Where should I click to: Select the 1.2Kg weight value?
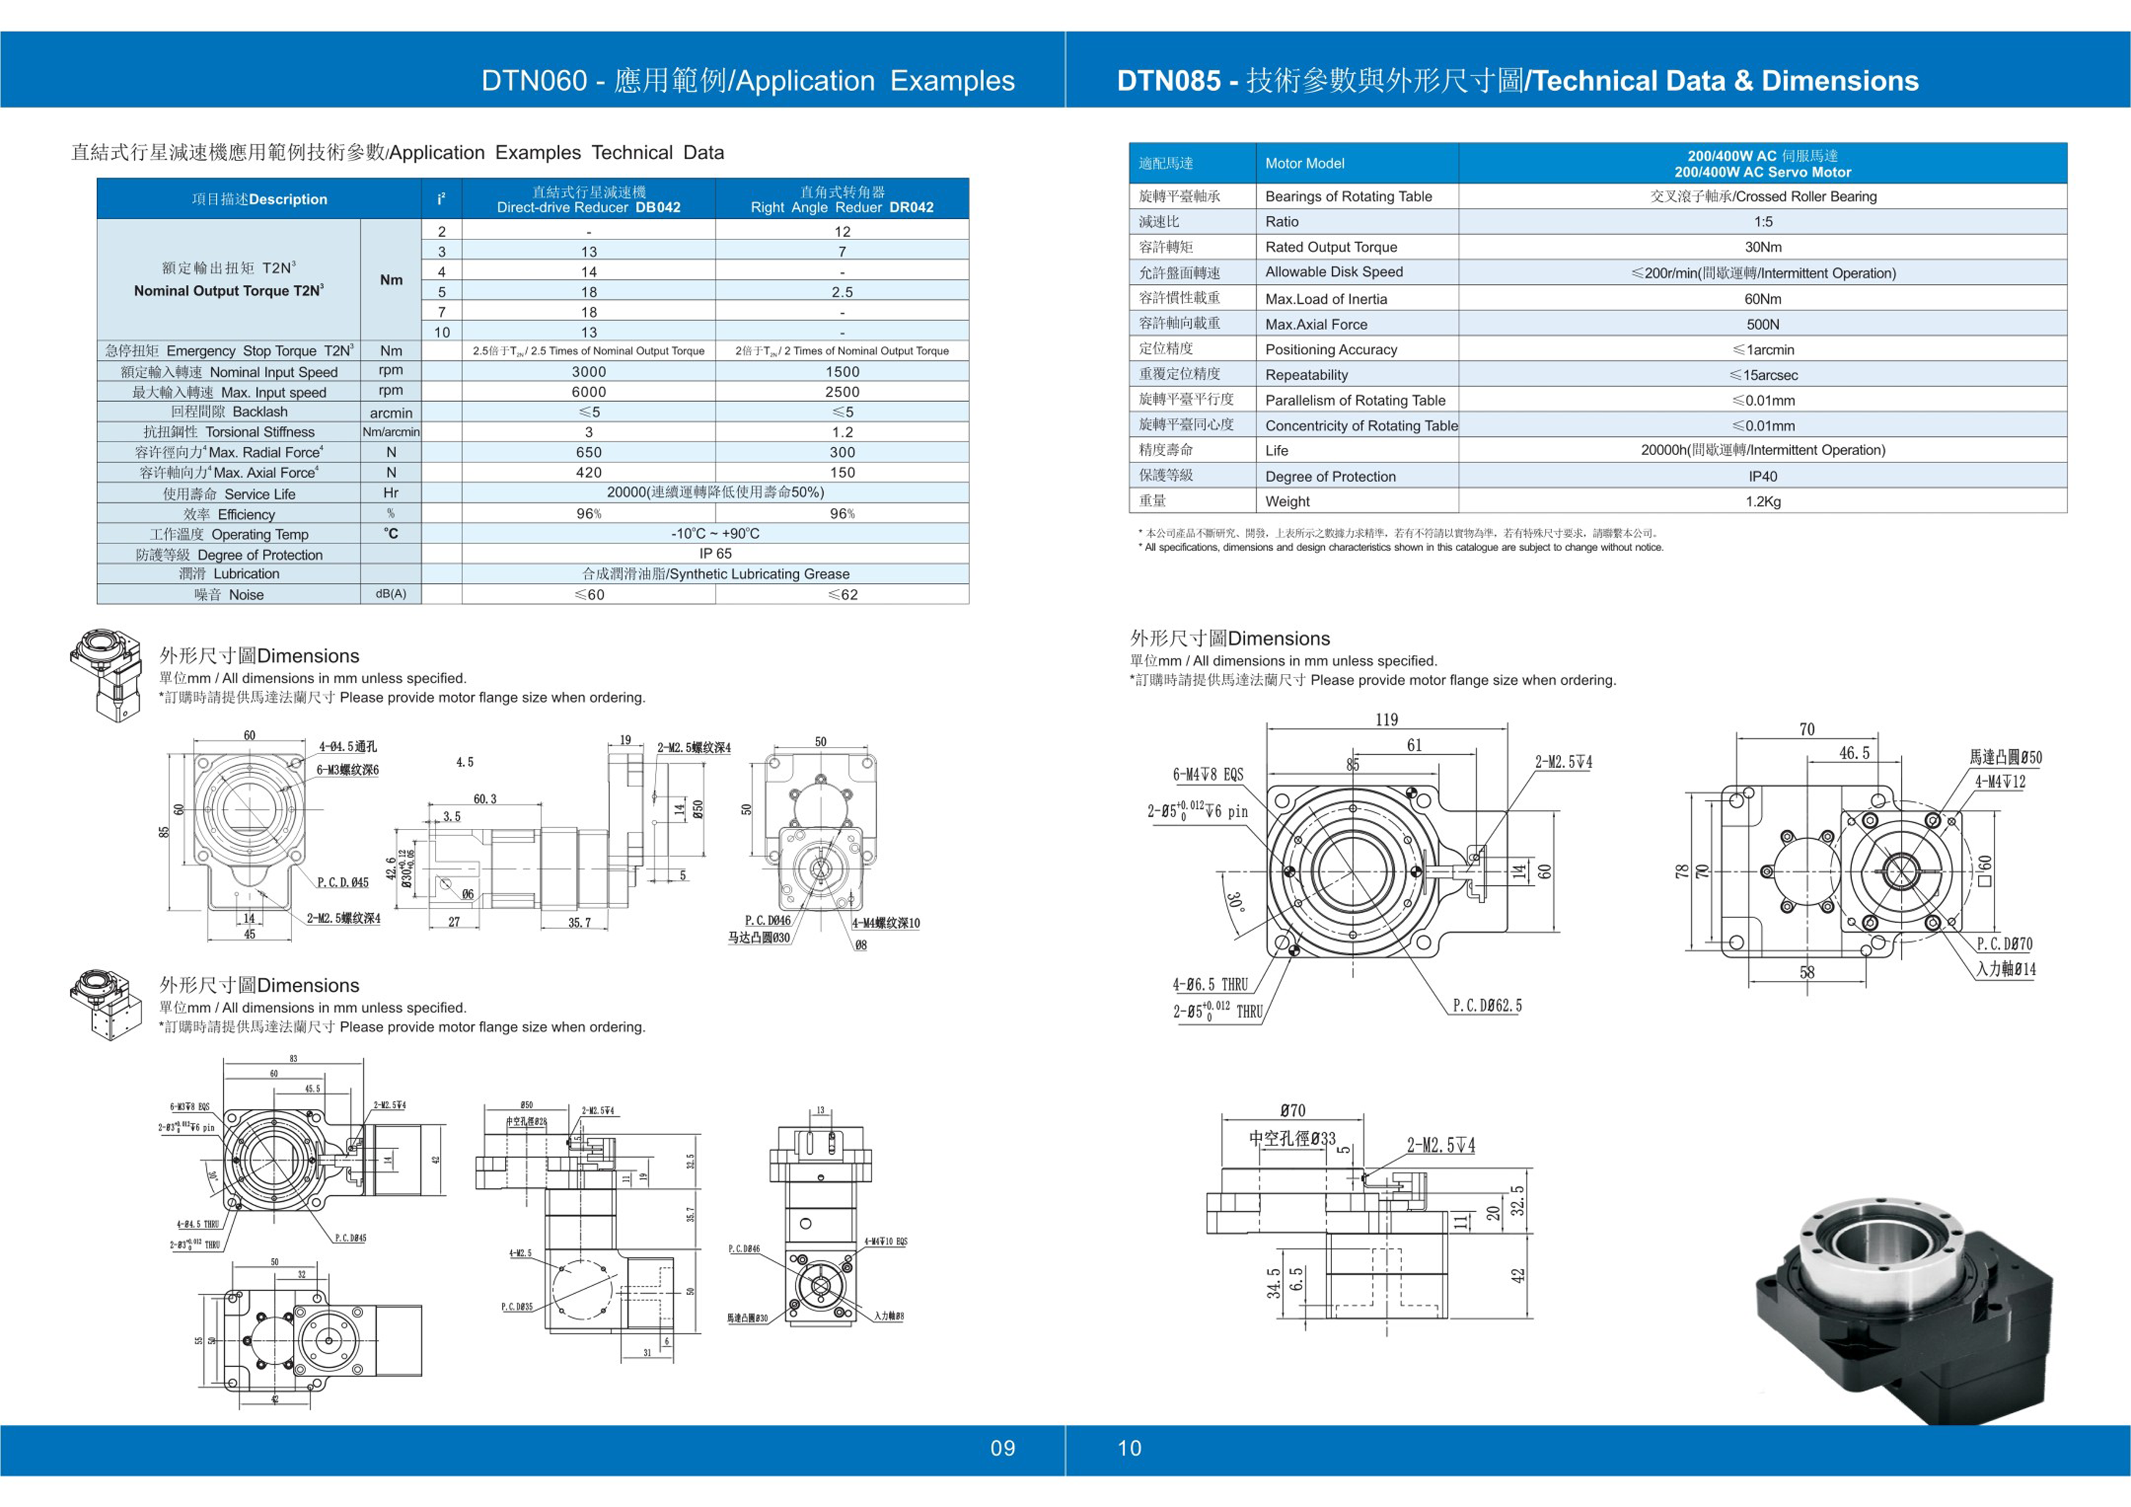(x=1762, y=501)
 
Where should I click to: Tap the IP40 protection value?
(x=1762, y=476)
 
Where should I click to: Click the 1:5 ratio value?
(x=1762, y=222)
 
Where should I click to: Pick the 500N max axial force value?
(x=1762, y=324)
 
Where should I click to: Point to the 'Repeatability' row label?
(x=1306, y=375)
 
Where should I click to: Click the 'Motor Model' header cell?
(x=1304, y=163)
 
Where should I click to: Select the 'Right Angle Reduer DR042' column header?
(x=842, y=200)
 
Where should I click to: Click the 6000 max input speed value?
(x=589, y=392)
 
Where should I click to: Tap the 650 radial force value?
(x=589, y=452)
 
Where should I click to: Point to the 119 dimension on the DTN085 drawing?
(x=1387, y=719)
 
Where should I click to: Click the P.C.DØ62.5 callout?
(x=1487, y=1006)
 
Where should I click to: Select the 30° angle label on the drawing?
(x=1234, y=902)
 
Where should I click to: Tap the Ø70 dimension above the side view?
(x=1292, y=1111)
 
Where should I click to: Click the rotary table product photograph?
(x=1903, y=1310)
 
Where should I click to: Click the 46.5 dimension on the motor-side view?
(x=1855, y=753)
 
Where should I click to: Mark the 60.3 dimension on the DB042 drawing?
(x=485, y=798)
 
